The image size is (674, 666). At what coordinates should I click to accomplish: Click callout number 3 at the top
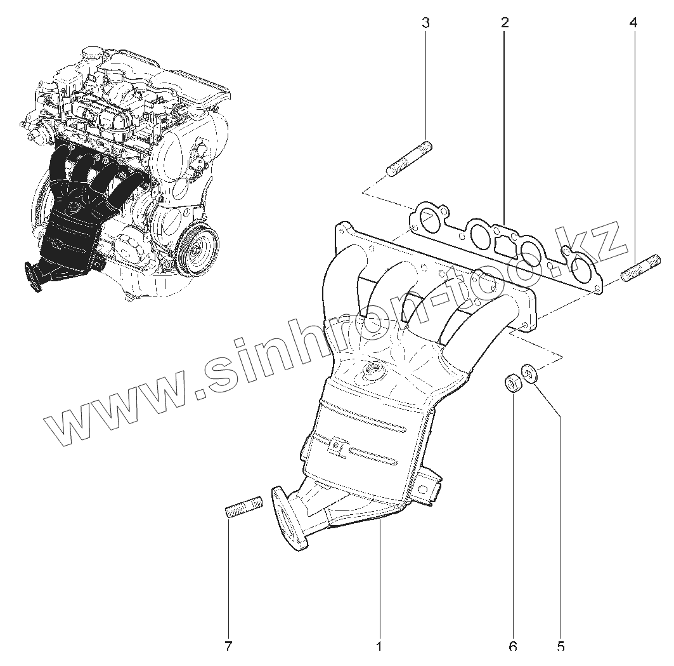[425, 23]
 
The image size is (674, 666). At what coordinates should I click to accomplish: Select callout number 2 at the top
[505, 23]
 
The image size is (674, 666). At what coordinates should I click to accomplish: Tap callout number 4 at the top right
[633, 23]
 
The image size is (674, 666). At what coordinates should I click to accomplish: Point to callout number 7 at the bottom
[228, 646]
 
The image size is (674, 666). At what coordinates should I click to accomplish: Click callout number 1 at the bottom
[379, 646]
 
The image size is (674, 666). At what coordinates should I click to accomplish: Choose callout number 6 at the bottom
[512, 646]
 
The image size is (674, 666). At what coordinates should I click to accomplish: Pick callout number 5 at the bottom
[561, 646]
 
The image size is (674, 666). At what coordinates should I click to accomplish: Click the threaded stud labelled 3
[409, 160]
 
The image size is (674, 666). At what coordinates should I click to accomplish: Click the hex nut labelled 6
[512, 383]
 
